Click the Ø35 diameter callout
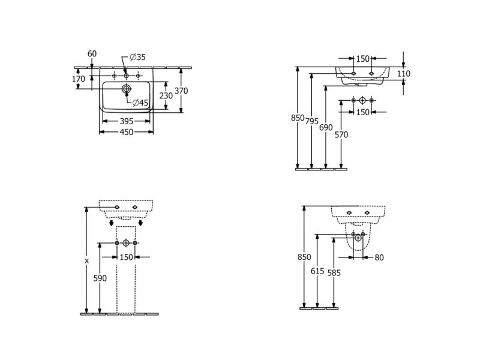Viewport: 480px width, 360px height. (137, 57)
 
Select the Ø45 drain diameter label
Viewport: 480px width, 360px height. (140, 103)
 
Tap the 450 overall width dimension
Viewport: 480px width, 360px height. (127, 132)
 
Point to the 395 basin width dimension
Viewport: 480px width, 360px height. (127, 121)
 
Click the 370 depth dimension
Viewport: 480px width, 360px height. (181, 91)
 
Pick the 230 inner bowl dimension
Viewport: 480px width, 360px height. (166, 96)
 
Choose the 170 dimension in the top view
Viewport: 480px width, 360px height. (79, 79)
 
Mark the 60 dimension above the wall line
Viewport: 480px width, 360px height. (92, 53)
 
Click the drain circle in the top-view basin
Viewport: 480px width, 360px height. (126, 89)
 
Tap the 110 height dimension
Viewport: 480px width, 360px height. (403, 73)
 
